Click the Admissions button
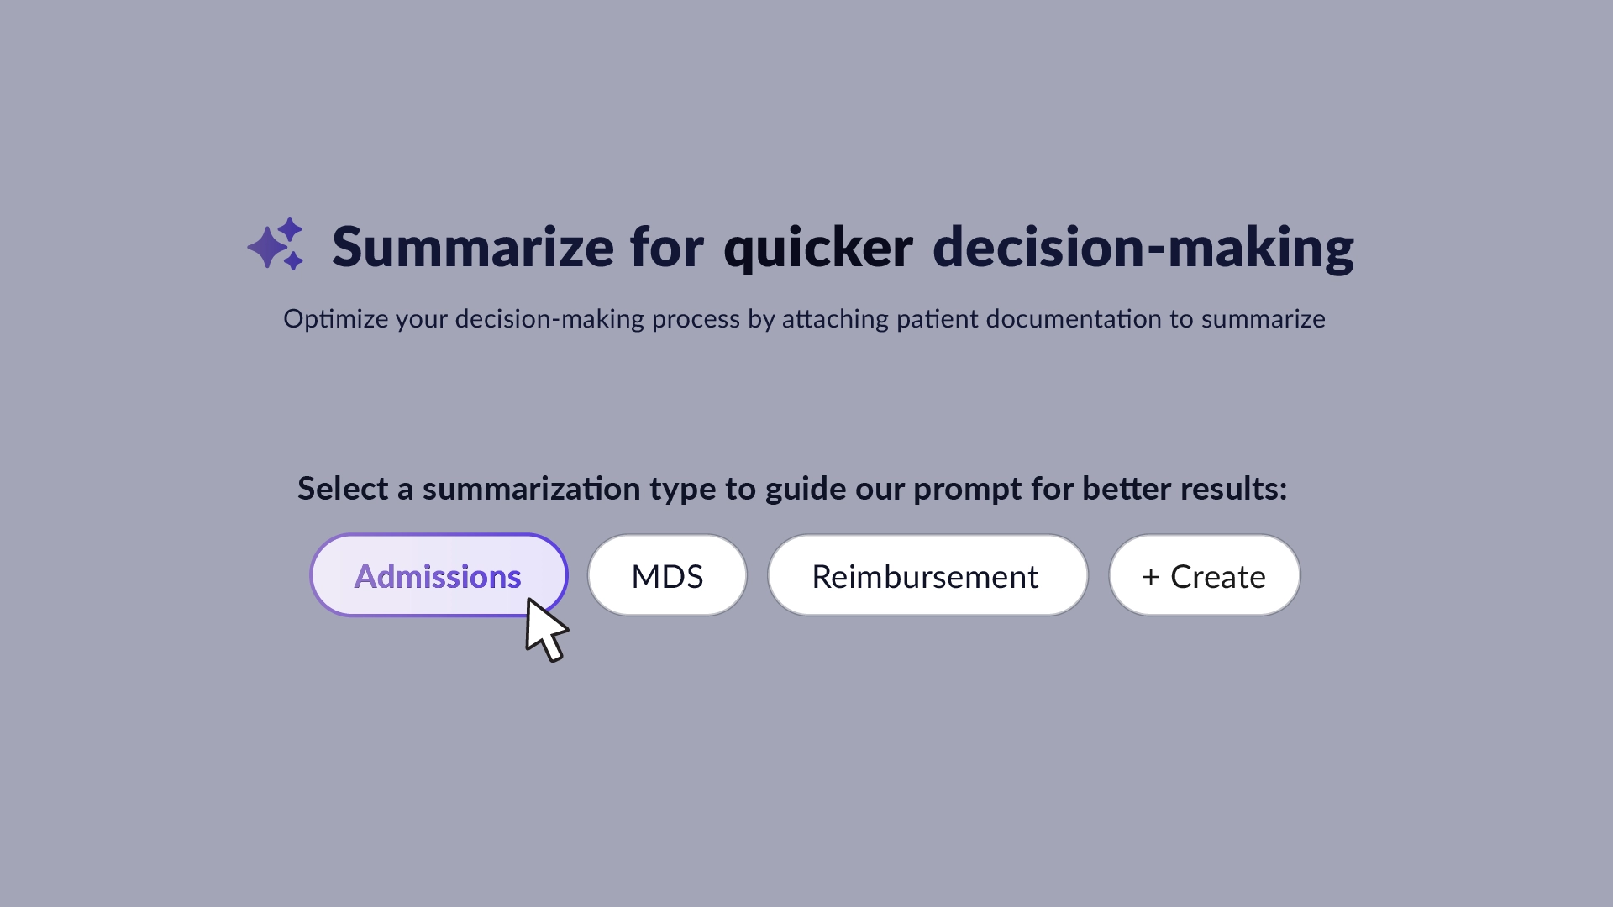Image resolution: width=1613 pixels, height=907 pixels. coord(438,576)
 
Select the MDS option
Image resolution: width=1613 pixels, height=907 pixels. coord(667,576)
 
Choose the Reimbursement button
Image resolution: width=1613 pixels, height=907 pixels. coord(927,576)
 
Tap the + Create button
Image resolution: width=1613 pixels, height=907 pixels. coord(1204,576)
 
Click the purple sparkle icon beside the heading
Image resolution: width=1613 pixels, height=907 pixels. coord(276,244)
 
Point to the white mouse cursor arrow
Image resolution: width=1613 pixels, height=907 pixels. coord(544,630)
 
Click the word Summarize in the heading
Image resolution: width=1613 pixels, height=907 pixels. coord(472,247)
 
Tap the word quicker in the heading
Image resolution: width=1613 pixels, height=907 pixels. coord(817,249)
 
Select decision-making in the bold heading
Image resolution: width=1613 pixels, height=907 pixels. coord(1143,249)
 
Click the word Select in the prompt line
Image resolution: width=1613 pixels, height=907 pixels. coord(343,489)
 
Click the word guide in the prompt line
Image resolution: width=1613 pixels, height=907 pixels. coord(806,489)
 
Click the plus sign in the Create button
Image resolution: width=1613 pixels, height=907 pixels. coord(1151,577)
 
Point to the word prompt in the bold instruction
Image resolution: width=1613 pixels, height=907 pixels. coord(968,489)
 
